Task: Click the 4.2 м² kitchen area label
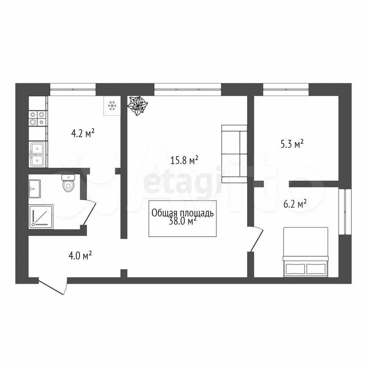tap(83, 134)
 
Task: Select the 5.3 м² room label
tap(292, 144)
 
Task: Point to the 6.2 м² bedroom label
tap(295, 204)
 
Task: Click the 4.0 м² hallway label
tap(80, 255)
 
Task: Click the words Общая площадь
tap(183, 213)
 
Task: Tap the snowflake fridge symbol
tap(112, 106)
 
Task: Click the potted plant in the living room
tap(137, 106)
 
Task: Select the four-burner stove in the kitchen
tap(38, 118)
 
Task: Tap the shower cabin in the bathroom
tap(41, 216)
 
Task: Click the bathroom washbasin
tap(34, 188)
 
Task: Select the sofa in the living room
tap(234, 154)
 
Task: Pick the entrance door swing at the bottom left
tap(53, 286)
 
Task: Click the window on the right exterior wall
tap(345, 211)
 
